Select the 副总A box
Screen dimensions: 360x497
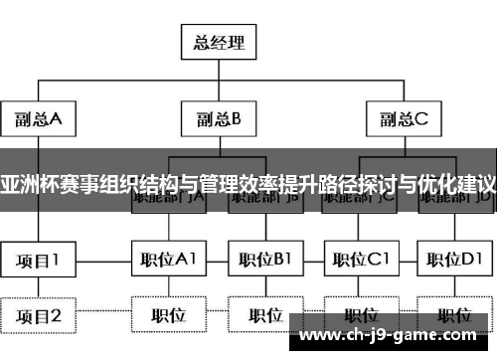coord(38,119)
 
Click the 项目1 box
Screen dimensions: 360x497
coord(38,261)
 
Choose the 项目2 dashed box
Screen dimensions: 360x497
coord(38,316)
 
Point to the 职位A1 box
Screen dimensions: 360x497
coord(166,261)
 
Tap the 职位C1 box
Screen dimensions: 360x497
coord(361,261)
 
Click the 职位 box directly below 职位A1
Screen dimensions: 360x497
coord(166,315)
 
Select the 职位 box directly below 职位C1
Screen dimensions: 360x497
coord(361,315)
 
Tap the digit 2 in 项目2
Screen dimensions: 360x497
coord(56,316)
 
